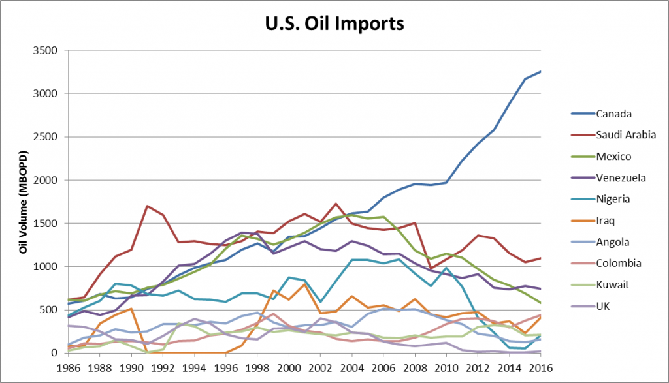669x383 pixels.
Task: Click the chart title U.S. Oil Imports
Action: (334, 24)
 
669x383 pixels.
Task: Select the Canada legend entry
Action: (613, 114)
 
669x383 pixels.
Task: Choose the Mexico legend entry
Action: (614, 157)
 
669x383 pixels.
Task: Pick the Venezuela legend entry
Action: (620, 177)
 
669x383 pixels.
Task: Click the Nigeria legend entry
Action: (613, 198)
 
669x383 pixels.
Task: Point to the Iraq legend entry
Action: (606, 220)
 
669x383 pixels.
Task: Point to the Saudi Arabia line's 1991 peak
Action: (146, 206)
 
